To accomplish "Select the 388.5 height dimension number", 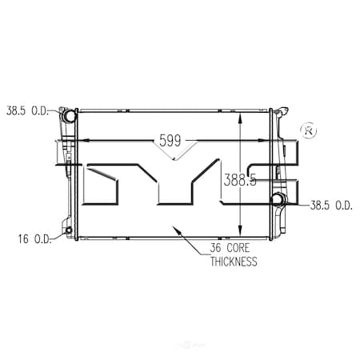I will (240, 181).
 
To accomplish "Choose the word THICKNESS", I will (233, 262).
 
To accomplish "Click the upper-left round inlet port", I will (70, 116).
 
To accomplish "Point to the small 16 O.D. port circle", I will (68, 233).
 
